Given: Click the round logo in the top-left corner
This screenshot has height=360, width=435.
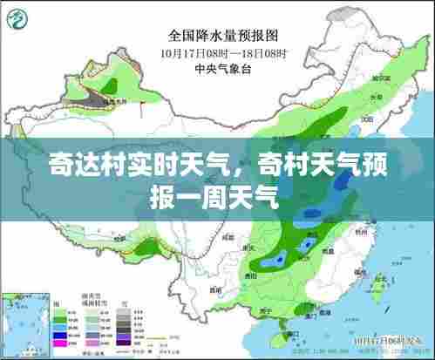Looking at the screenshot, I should pos(16,16).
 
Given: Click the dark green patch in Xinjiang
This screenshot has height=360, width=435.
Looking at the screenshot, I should pos(112,85).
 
